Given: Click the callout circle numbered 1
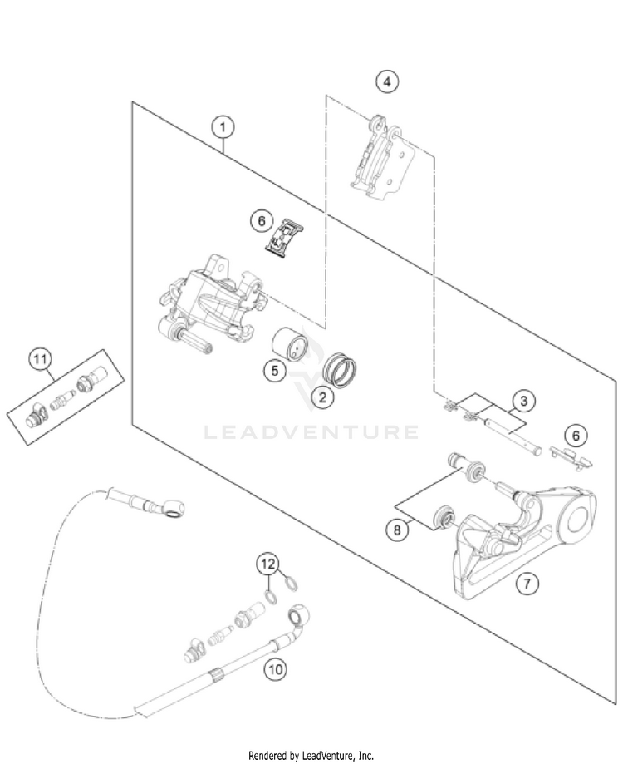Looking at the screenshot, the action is point(222,127).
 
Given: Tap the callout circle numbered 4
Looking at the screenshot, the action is point(386,81).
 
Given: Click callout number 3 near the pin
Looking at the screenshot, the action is point(521,402).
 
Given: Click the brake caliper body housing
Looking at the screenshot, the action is point(212,303).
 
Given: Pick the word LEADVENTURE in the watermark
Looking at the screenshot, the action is point(311,431).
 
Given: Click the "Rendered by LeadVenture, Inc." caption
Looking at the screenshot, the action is point(311,755).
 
